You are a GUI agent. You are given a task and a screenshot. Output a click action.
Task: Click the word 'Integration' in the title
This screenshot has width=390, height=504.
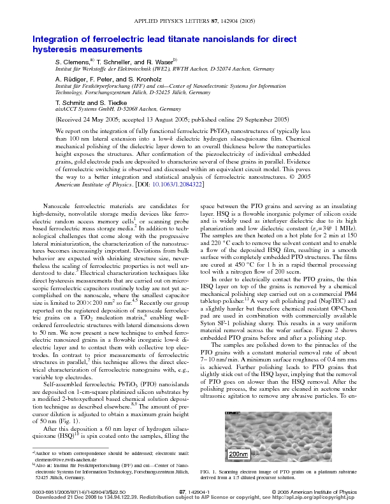(x=55, y=39)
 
